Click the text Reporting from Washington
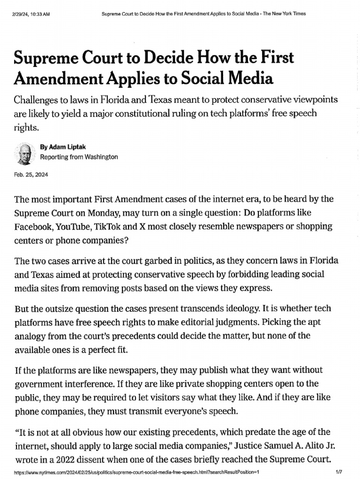pyautogui.click(x=79, y=157)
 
